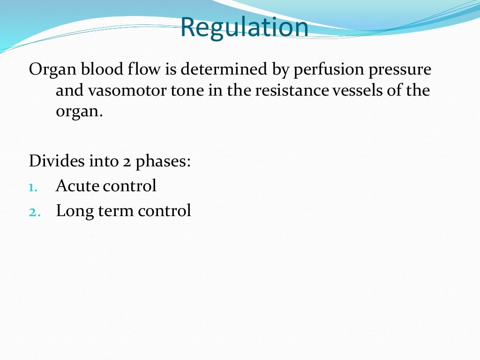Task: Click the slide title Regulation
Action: (x=244, y=27)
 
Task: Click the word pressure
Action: (x=399, y=70)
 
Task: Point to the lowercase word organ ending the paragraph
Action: (x=78, y=112)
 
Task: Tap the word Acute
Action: (x=77, y=186)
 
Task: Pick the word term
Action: (x=116, y=211)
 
